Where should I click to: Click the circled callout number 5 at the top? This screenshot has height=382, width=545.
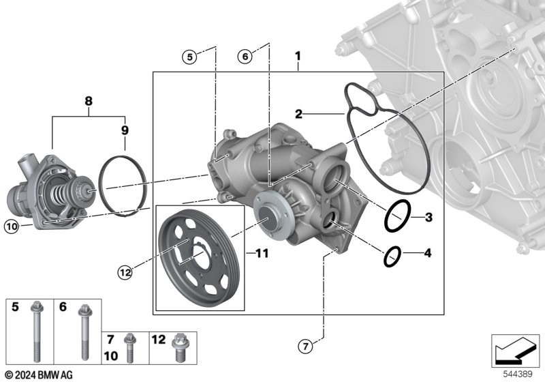point(189,57)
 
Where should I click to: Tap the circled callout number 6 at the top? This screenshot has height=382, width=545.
point(245,56)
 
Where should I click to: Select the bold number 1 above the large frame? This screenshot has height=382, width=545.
point(298,56)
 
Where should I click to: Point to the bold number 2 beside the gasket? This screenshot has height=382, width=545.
point(298,114)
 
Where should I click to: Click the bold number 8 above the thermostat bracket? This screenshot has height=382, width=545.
point(89,101)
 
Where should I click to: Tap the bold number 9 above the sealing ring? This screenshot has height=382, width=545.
point(125,130)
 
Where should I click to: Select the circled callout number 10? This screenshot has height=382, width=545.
point(11,227)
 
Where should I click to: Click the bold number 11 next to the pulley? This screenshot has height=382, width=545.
point(262,253)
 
